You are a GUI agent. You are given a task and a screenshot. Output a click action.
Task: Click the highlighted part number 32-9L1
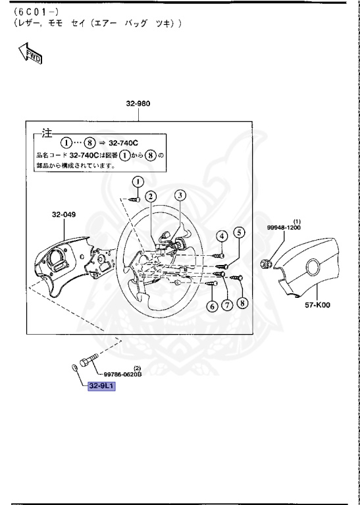pyautogui.click(x=101, y=387)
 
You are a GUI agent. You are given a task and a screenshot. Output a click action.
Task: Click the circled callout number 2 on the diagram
pyautogui.click(x=151, y=196)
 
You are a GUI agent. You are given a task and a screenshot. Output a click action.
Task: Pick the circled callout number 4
pyautogui.click(x=222, y=236)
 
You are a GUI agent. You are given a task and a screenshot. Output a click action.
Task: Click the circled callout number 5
pyautogui.click(x=240, y=232)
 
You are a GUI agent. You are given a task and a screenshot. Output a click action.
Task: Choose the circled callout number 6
pyautogui.click(x=212, y=306)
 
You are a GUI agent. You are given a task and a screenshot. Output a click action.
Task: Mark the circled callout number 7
pyautogui.click(x=227, y=306)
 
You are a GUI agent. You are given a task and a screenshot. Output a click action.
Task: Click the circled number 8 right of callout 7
pyautogui.click(x=242, y=303)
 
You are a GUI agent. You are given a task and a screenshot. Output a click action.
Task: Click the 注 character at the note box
pyautogui.click(x=45, y=132)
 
